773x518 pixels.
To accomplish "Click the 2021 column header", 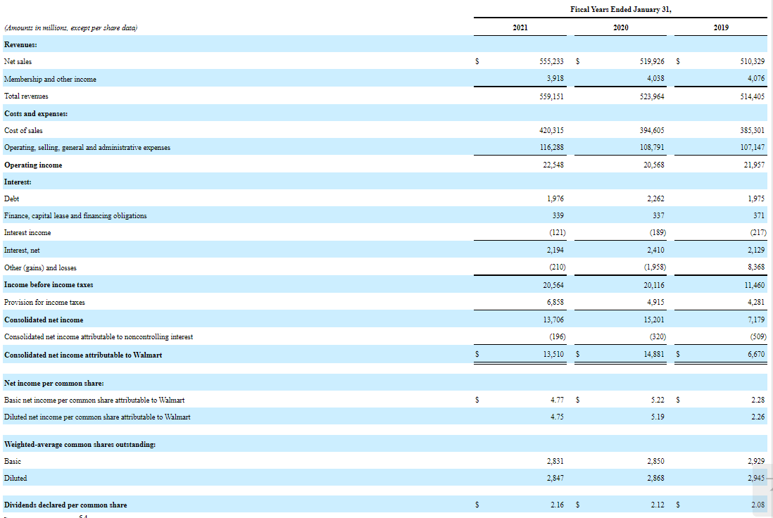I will coord(520,27).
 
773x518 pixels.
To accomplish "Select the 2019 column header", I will coord(721,27).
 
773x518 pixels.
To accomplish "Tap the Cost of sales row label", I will coord(23,130).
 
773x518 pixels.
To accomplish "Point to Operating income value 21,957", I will coord(753,165).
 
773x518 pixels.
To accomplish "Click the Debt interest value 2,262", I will coord(654,199).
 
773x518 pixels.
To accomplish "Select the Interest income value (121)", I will coord(554,233).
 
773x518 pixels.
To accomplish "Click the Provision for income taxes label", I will coord(44,302).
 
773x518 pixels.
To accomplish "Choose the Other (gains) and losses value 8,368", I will coord(755,267).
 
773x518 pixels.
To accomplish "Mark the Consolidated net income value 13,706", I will coord(553,320).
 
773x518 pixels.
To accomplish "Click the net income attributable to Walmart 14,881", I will coord(653,354).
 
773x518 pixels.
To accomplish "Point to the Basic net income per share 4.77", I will coord(557,400).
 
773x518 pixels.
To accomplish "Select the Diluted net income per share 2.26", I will coord(758,417).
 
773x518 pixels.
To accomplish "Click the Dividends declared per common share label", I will coord(65,505).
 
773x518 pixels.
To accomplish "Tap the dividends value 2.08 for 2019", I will coord(758,505).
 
